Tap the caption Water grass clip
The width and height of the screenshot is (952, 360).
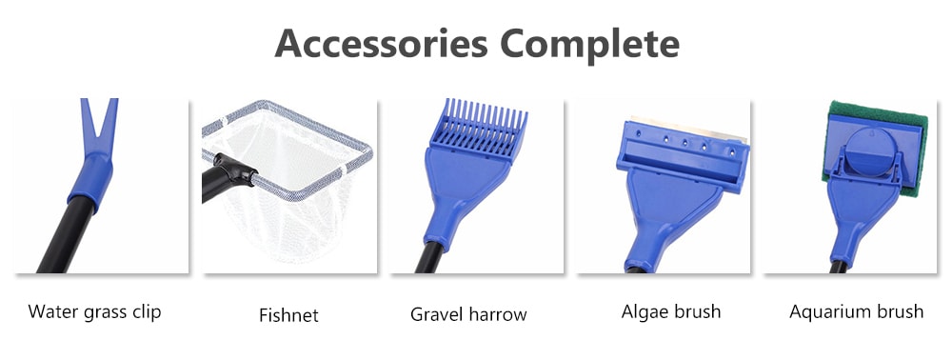(x=94, y=311)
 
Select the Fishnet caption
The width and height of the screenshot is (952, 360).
(x=288, y=314)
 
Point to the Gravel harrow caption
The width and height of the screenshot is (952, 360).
(x=468, y=313)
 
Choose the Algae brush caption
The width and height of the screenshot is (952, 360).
(x=670, y=311)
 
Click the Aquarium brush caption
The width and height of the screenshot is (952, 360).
(x=856, y=311)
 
